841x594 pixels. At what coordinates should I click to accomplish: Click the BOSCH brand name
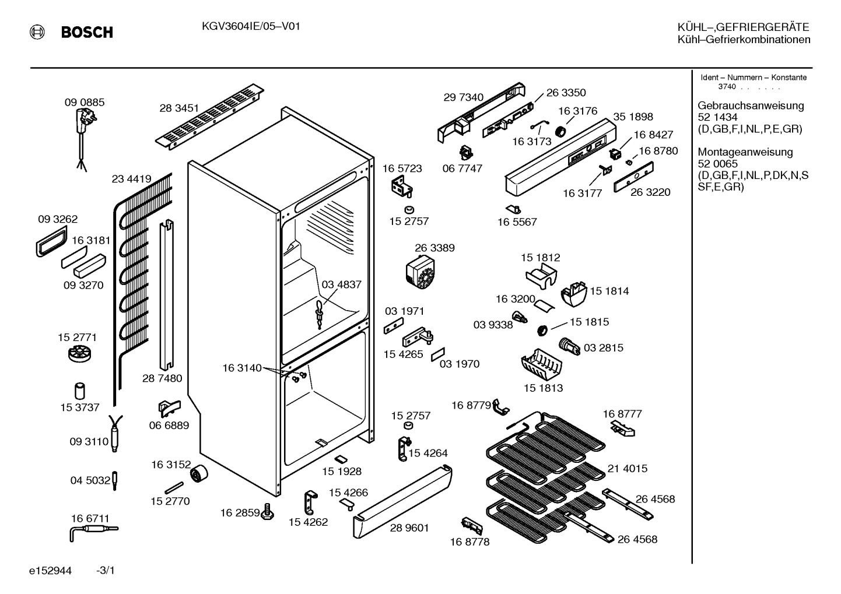click(x=87, y=32)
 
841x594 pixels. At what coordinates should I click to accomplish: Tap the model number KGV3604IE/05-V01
click(x=251, y=26)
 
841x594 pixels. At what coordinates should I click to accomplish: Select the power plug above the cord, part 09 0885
click(x=84, y=119)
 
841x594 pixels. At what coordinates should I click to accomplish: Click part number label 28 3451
click(x=179, y=108)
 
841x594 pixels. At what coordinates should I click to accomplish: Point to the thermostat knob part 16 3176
click(x=561, y=132)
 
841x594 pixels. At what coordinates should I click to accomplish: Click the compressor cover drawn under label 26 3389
click(x=420, y=272)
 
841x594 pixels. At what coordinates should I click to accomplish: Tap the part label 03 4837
click(x=341, y=284)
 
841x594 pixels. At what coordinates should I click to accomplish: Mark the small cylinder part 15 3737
click(x=79, y=391)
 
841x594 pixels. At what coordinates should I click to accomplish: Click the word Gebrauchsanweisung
click(x=751, y=106)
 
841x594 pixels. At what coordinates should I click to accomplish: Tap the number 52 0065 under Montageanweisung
click(x=717, y=164)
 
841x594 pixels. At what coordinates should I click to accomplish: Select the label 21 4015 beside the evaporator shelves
click(x=628, y=468)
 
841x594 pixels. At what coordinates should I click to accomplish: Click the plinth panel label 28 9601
click(x=409, y=528)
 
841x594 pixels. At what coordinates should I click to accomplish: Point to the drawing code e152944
click(x=50, y=571)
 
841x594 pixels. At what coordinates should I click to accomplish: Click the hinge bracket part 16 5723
click(x=402, y=187)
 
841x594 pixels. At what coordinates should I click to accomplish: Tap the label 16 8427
click(x=654, y=134)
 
